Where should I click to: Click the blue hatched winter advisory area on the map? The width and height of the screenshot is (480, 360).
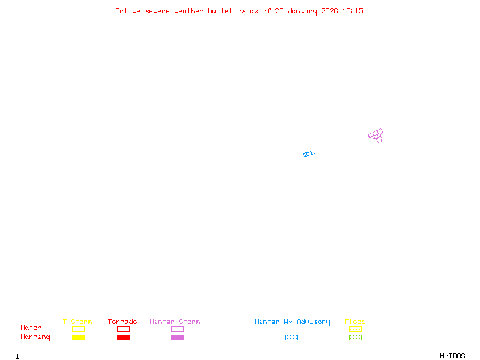309,154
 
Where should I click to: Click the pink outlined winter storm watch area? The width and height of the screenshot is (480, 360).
376,134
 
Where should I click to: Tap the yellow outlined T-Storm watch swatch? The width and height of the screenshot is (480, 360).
78,329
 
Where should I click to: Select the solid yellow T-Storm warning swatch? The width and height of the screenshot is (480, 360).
78,337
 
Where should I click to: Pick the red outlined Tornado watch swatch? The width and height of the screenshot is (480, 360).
123,329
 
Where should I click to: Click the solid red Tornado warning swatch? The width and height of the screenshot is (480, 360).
123,337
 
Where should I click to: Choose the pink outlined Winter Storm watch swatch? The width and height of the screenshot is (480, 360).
177,329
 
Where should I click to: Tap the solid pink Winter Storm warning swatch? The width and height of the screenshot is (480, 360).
177,337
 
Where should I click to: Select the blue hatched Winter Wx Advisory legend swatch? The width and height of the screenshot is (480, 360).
291,337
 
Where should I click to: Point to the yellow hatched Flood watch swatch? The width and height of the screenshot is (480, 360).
355,329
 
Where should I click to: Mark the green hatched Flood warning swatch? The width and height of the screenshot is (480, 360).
355,337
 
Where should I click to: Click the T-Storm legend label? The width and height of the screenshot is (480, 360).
77,322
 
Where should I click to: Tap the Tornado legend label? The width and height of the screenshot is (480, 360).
122,322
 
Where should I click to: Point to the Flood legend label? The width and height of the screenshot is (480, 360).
355,322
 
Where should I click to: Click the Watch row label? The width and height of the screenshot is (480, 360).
31,328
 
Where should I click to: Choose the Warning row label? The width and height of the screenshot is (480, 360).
35,337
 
